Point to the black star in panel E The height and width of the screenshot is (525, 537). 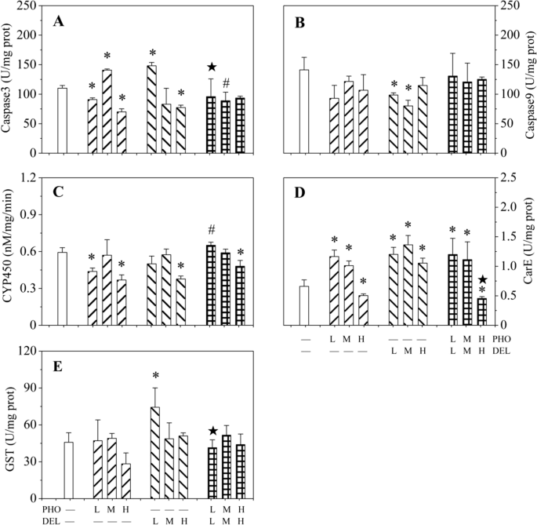[x=212, y=431]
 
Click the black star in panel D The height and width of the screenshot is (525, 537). [x=482, y=279]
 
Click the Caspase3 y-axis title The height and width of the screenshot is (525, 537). [x=9, y=79]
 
